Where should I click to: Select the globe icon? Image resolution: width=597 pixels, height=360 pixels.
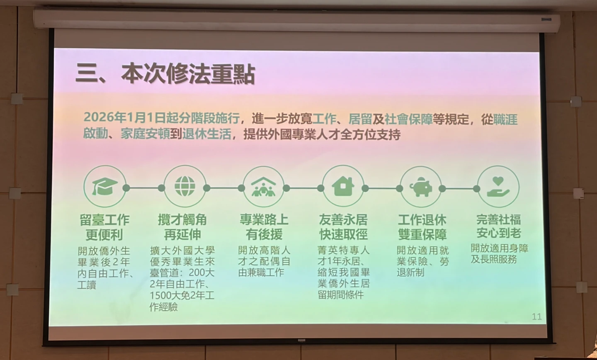[184, 186]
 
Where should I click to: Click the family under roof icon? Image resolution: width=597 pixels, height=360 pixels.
[263, 187]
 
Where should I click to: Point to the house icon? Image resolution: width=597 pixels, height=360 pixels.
[343, 186]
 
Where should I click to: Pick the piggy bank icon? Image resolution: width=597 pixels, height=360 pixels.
[421, 187]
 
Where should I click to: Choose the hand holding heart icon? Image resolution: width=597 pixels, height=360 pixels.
[498, 186]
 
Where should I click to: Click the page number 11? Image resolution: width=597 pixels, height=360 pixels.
[536, 316]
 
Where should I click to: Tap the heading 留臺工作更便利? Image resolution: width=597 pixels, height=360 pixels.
[104, 227]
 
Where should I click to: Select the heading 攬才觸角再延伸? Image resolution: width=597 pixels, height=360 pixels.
[182, 227]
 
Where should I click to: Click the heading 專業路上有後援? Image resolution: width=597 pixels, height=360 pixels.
[264, 227]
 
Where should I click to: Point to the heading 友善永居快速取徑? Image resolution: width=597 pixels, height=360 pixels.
[343, 227]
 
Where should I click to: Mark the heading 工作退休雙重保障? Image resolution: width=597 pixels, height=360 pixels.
[422, 227]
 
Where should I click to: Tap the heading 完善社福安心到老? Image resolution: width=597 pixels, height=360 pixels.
[498, 226]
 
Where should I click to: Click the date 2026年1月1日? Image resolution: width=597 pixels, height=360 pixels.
[125, 117]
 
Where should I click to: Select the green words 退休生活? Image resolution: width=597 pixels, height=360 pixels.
[206, 134]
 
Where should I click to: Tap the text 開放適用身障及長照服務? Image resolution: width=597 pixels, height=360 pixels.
[499, 253]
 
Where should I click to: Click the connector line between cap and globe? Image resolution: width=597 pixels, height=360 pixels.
[143, 188]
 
